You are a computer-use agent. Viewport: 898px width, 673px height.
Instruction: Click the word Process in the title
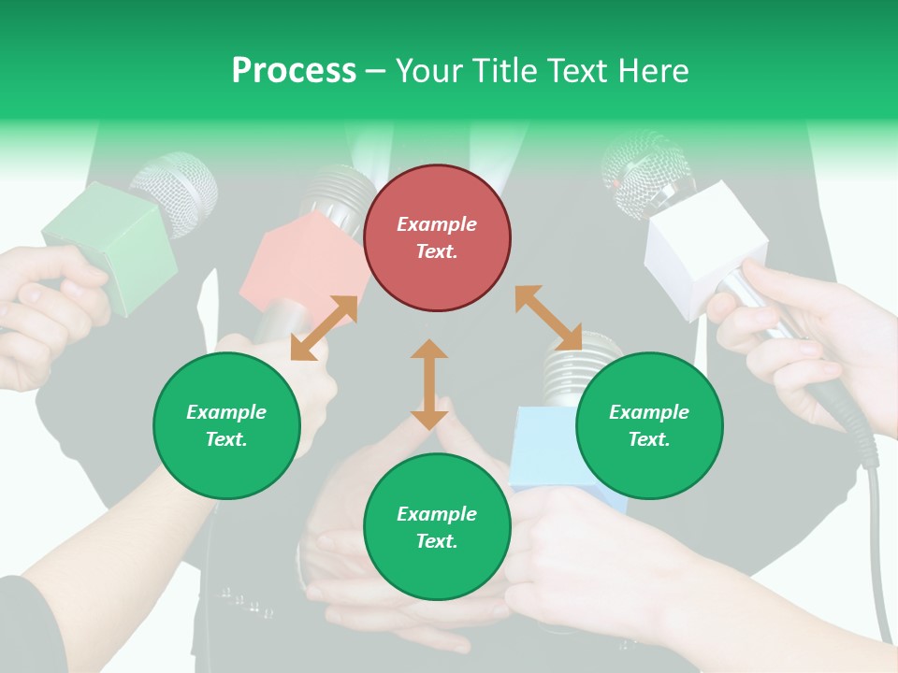[x=294, y=71]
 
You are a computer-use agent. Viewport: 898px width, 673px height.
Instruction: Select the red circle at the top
[x=437, y=238]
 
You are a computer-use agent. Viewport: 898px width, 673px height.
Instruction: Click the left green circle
[x=226, y=425]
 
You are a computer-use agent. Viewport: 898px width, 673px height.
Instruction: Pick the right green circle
[x=649, y=425]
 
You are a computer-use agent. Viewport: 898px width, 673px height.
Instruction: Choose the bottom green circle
[x=437, y=526]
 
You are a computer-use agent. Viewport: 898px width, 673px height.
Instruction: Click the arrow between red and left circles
[x=324, y=328]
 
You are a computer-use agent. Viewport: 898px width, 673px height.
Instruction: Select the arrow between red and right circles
[x=548, y=318]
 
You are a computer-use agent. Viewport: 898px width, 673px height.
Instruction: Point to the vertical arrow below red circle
[x=429, y=384]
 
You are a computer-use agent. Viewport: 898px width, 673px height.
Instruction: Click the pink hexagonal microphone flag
[x=299, y=266]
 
